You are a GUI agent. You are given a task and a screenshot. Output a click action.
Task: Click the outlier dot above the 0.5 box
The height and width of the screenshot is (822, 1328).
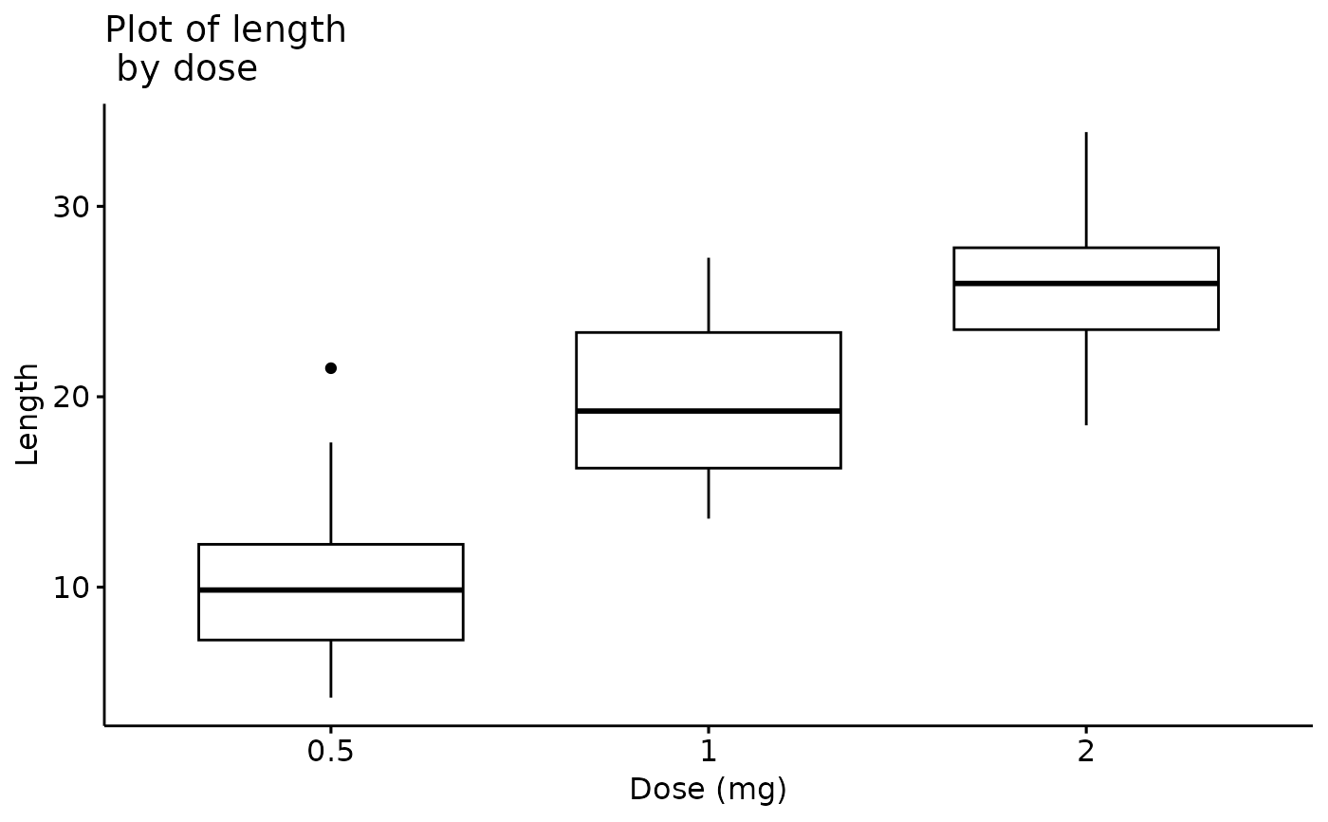(x=330, y=367)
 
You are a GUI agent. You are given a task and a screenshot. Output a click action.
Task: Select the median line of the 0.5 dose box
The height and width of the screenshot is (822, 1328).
(x=330, y=589)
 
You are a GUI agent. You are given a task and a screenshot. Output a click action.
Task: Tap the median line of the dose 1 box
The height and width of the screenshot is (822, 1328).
(x=708, y=410)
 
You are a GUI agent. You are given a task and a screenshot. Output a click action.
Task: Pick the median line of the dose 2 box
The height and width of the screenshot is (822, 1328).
(x=1085, y=283)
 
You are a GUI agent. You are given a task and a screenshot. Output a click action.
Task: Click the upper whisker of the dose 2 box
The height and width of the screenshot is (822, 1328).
(x=1085, y=190)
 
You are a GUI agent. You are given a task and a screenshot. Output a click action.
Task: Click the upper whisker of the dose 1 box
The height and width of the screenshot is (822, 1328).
(x=708, y=295)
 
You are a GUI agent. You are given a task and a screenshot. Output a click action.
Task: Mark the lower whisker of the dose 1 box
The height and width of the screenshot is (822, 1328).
(x=708, y=493)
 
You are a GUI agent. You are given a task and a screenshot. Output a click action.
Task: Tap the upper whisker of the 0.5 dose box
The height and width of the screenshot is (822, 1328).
(x=330, y=494)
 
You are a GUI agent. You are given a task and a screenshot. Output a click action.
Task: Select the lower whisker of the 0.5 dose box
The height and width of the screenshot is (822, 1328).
(x=330, y=668)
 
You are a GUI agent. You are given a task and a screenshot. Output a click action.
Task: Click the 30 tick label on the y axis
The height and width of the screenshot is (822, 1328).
(x=70, y=207)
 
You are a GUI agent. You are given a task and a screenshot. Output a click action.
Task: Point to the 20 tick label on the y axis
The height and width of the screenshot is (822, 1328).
(x=70, y=397)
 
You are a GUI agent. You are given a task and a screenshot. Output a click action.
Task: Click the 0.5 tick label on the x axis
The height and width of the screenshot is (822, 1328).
(x=330, y=752)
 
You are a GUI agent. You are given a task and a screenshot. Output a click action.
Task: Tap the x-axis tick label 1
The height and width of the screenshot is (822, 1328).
(x=708, y=752)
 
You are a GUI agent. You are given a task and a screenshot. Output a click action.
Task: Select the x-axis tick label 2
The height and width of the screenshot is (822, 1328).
(x=1085, y=752)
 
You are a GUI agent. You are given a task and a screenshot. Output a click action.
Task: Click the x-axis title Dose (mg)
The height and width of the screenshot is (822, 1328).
(x=708, y=790)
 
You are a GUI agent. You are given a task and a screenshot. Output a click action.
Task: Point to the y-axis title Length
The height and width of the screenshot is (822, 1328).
(x=28, y=414)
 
